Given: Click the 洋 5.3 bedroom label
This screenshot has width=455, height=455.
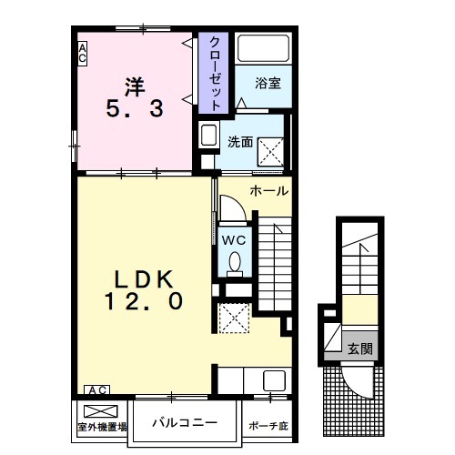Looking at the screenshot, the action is (x=135, y=97).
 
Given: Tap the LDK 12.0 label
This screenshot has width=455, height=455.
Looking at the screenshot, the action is (x=144, y=289).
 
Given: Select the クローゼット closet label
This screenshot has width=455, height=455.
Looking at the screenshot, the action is (x=215, y=74).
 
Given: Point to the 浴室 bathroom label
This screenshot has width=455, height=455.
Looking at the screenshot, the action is (x=268, y=83).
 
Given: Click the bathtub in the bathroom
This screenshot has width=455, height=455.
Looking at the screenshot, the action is (x=263, y=48).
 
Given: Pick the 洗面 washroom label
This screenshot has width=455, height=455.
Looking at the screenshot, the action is (x=240, y=142).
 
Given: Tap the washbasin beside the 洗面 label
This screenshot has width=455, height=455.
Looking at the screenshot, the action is (x=209, y=135).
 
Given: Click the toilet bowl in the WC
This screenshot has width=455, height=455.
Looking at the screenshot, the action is (x=235, y=263).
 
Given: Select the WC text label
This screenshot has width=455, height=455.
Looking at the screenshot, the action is (x=233, y=240).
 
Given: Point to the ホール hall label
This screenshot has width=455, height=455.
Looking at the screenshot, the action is (x=268, y=191).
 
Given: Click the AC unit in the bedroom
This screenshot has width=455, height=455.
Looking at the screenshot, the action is (x=82, y=54).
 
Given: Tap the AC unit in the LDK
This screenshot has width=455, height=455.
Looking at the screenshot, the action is (x=97, y=389).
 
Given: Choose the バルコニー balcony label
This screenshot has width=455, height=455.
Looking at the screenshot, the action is (x=185, y=422).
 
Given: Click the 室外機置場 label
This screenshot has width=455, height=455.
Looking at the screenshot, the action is (x=102, y=427).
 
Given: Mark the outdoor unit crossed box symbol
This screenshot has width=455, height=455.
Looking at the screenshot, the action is (x=101, y=411).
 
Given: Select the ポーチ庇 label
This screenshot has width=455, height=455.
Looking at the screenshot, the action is (x=268, y=426).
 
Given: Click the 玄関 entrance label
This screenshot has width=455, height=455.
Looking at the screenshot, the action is (x=360, y=349).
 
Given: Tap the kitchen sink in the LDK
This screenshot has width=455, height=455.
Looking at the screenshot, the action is (x=274, y=380).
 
